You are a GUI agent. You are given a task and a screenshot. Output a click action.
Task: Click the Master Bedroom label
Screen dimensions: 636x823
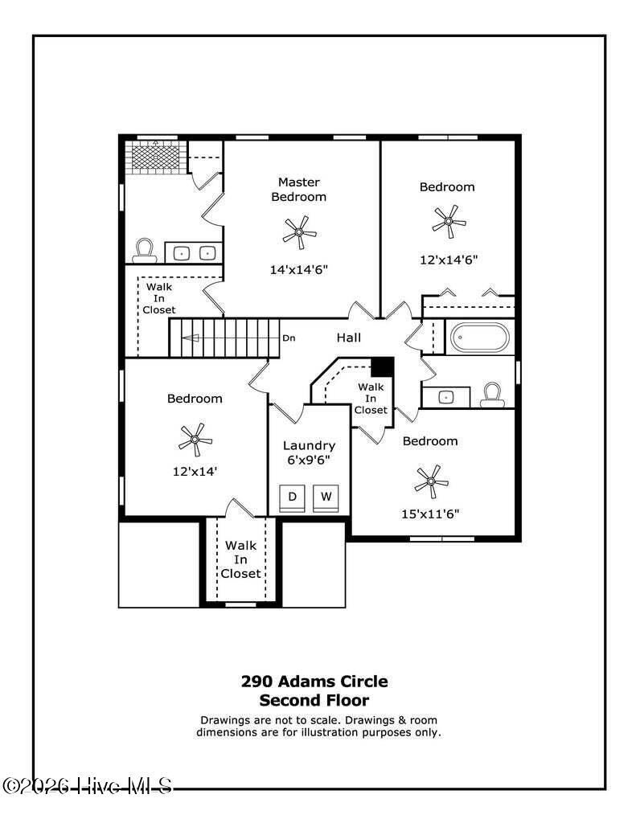[x=299, y=190]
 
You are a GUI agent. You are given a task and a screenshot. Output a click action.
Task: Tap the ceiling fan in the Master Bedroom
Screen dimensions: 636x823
[x=299, y=232]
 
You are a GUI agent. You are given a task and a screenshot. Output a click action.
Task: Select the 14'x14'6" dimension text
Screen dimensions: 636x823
[x=299, y=270]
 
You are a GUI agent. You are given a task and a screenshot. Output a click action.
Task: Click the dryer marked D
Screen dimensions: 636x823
[x=293, y=498]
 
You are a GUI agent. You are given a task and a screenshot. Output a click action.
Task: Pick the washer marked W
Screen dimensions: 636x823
[x=326, y=498]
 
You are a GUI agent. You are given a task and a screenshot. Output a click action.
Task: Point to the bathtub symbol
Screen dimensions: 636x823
[x=480, y=337]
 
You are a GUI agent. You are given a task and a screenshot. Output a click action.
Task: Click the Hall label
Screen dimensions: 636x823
[x=349, y=338]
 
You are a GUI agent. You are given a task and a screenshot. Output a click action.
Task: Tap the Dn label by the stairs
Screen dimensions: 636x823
[x=289, y=338]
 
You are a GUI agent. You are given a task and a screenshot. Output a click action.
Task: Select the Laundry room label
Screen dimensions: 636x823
[x=309, y=445]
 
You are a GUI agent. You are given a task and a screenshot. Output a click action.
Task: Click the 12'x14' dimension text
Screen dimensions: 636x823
[x=195, y=471]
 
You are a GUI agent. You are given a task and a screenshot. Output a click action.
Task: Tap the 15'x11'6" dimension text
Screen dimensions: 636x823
[x=430, y=514]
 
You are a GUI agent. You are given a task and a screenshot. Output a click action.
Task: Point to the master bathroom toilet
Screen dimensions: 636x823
[x=145, y=251]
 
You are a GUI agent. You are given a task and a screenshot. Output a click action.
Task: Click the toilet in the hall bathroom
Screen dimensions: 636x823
[x=493, y=395]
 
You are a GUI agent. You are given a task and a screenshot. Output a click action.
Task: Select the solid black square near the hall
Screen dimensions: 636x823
[x=383, y=366]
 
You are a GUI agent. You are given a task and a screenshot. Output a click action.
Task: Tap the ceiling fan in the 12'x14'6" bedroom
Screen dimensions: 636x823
[x=449, y=222]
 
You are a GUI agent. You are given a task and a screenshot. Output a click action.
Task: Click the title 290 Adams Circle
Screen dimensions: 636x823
[x=314, y=682]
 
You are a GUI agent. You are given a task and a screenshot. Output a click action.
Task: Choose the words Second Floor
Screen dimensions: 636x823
[x=314, y=700]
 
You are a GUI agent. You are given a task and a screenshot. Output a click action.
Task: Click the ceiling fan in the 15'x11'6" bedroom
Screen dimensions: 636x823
[x=431, y=481]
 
